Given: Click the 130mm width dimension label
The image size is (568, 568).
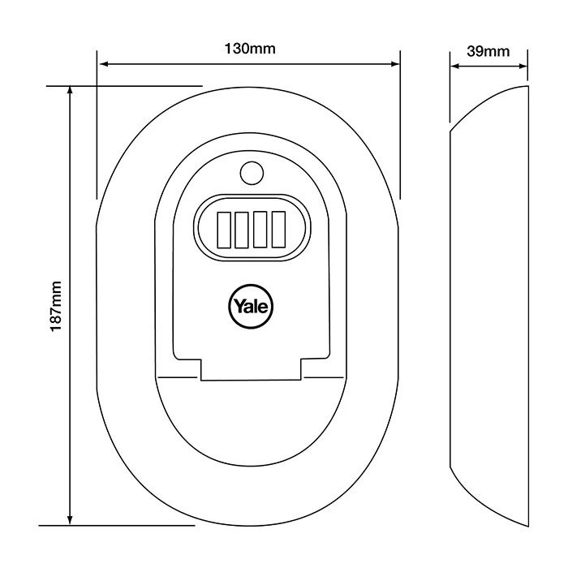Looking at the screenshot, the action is pos(250,48).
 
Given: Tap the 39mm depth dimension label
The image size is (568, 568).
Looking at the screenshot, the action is pos(488,51).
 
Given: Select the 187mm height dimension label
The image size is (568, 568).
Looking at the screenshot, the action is pos(56,306).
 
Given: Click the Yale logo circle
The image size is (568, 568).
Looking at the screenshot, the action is pos(250,306).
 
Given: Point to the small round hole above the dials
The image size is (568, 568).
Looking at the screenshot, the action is pos(252,173).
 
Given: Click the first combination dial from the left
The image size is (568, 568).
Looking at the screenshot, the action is pos(223,230).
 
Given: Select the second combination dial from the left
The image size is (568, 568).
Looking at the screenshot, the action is pos(242,230).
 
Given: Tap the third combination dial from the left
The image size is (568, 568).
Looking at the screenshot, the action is pos(260,230).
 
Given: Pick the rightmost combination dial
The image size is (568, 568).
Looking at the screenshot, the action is pos(278,230).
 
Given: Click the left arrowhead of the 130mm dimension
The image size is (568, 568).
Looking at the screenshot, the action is pos(104,64).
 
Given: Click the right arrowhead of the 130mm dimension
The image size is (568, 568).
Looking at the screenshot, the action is pos(395,64).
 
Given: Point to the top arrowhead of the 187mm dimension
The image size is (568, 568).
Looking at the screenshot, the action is pos(71,92).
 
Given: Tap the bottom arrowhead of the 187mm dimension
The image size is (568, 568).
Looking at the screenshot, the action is pos(71,520).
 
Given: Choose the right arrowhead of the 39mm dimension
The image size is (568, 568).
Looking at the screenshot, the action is pos(523,67).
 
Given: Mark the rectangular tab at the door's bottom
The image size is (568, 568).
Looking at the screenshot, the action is pos(251,369).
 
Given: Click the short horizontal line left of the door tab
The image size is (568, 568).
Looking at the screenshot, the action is pos(178,377).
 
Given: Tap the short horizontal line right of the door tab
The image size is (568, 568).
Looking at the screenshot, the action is pos(324,377).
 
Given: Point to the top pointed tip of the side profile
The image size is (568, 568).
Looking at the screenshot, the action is pos(527,86).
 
